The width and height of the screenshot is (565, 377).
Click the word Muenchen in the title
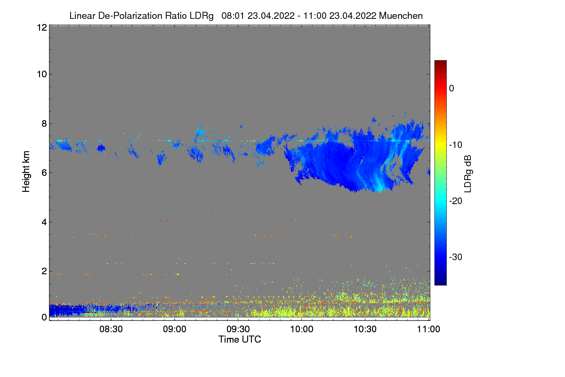click(401, 16)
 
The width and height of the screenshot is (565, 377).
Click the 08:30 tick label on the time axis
click(112, 329)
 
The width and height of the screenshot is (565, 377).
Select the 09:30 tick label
click(239, 329)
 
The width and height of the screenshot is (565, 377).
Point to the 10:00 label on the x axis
click(302, 329)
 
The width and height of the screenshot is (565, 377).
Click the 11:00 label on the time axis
click(428, 329)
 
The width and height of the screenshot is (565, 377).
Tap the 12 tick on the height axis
click(41, 27)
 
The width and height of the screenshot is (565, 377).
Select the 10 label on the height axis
click(41, 74)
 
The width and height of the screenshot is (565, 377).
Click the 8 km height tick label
click(43, 123)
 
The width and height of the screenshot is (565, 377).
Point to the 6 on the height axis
click(43, 172)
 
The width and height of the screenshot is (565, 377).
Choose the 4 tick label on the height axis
click(43, 222)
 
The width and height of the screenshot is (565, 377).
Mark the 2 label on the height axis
click(43, 271)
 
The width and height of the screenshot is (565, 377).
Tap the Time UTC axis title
click(240, 339)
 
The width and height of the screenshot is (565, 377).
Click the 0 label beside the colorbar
click(452, 88)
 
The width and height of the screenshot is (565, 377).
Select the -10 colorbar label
click(456, 145)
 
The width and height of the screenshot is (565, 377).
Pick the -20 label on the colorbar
click(456, 201)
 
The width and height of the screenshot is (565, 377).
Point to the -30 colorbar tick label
click(456, 257)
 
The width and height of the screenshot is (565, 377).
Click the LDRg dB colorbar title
click(468, 172)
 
